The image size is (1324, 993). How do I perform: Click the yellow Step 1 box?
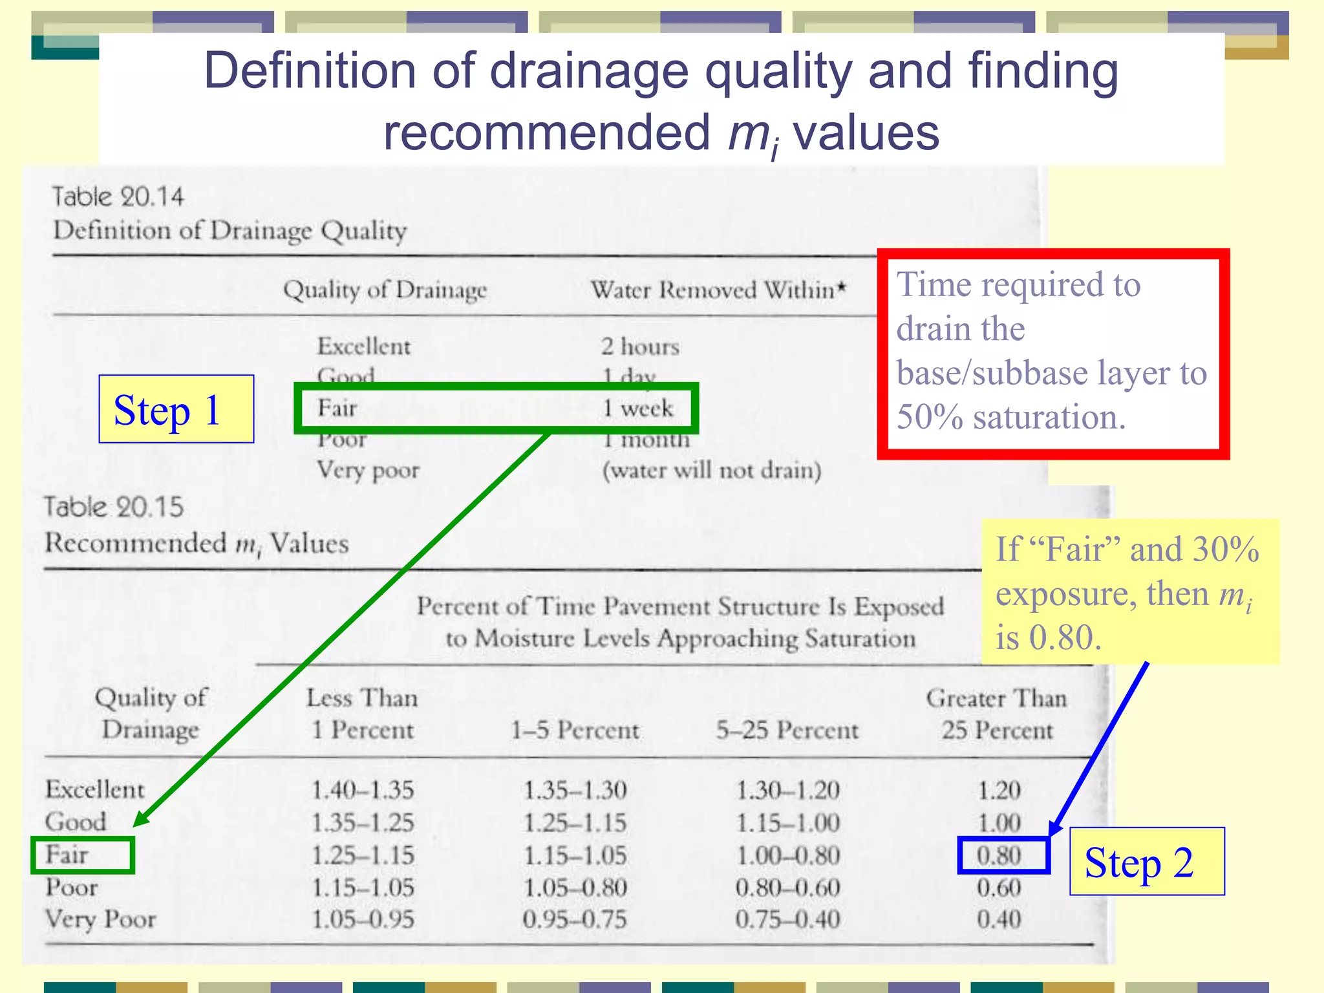[176, 409]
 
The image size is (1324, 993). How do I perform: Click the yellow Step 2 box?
[1146, 862]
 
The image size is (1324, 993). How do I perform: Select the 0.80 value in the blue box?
[999, 855]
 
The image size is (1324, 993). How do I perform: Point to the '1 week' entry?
[637, 409]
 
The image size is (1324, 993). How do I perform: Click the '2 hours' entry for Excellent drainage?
[640, 347]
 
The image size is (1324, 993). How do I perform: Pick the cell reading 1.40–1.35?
[363, 790]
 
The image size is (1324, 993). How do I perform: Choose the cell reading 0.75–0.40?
[787, 919]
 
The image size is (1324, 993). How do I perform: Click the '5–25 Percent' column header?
[787, 731]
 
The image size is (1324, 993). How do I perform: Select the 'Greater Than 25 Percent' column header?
[997, 714]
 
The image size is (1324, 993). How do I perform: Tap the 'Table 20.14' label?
[118, 197]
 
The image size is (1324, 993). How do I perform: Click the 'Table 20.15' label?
[114, 507]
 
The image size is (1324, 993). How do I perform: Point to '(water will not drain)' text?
[712, 470]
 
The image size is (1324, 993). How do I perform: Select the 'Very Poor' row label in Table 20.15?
[101, 919]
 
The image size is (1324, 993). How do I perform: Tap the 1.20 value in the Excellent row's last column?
[999, 790]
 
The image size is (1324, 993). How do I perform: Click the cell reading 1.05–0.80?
[575, 887]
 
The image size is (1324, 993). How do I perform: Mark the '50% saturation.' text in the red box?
[1011, 417]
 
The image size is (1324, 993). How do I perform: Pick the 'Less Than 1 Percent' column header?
[363, 714]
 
